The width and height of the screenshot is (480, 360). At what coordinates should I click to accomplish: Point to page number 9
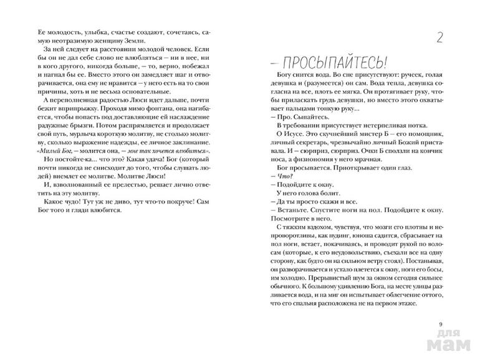point(441,323)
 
